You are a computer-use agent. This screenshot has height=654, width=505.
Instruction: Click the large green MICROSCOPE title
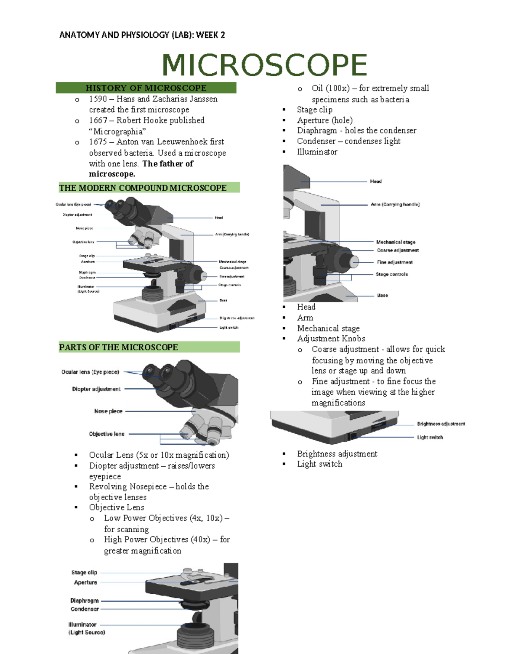tap(264, 65)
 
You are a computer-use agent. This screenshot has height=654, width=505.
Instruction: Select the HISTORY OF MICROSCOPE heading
tap(146, 88)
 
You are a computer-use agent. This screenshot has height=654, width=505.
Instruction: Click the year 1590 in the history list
tap(98, 99)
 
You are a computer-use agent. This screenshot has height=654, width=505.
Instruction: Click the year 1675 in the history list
tap(98, 142)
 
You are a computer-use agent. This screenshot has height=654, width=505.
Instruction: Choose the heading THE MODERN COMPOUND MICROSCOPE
tap(143, 188)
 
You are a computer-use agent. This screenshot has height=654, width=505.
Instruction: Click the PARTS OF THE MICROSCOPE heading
tap(118, 347)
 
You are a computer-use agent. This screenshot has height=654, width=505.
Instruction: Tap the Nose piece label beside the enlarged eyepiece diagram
tap(108, 411)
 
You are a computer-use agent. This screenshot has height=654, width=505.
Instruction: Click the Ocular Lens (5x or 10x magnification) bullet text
tap(159, 455)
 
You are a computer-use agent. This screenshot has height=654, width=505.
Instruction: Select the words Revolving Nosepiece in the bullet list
tap(128, 487)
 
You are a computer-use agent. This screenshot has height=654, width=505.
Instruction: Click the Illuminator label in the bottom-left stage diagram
tap(82, 625)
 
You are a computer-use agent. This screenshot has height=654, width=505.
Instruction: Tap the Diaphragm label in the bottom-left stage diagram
tap(85, 601)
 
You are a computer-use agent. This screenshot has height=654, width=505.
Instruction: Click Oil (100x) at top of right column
tap(331, 88)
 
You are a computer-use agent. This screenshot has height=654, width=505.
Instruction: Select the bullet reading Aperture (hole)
tap(325, 120)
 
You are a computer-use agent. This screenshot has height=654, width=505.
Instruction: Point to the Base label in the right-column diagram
tap(383, 295)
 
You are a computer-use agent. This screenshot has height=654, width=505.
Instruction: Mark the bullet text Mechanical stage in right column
tap(328, 328)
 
